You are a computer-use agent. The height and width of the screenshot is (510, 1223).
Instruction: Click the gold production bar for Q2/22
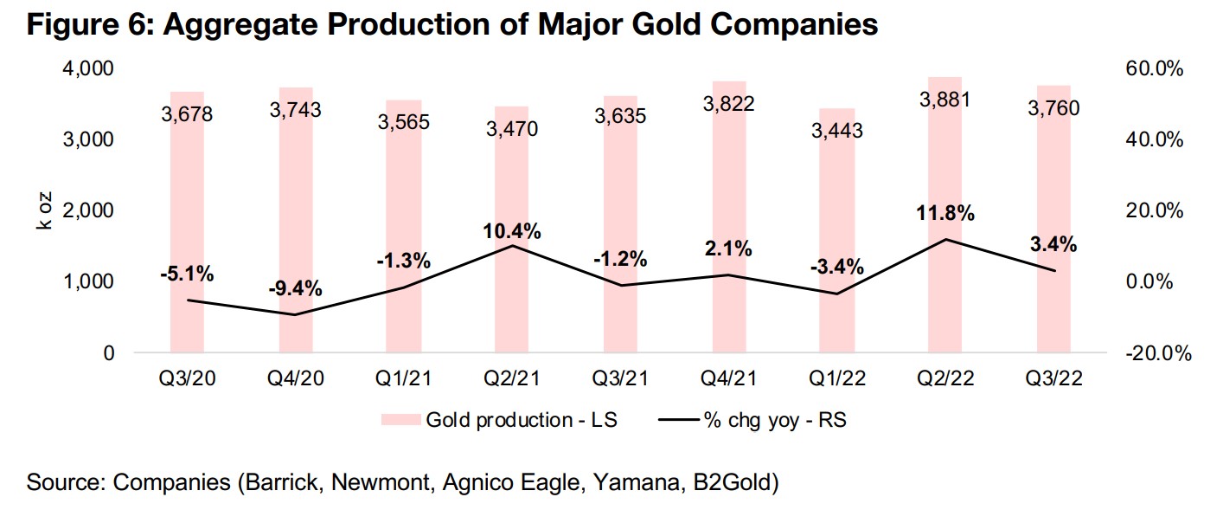(944, 216)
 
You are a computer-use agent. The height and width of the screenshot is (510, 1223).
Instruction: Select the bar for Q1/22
(836, 242)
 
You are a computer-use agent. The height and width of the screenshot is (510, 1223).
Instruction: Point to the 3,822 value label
(728, 104)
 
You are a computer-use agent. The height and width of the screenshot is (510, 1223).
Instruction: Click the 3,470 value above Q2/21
(511, 130)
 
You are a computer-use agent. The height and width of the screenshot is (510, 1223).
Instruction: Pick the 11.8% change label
(944, 213)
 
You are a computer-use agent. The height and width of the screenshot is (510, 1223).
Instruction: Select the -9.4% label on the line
(294, 288)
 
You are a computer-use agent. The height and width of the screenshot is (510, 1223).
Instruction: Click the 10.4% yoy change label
(512, 231)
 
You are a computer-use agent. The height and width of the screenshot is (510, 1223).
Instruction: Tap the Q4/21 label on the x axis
(728, 378)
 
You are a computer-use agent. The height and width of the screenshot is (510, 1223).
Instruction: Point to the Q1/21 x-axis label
(403, 378)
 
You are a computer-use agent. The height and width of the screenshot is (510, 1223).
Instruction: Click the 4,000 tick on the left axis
(91, 68)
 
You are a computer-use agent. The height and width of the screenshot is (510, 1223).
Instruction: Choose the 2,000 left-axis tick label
(91, 211)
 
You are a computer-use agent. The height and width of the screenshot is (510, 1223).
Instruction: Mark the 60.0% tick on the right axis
(1153, 68)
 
